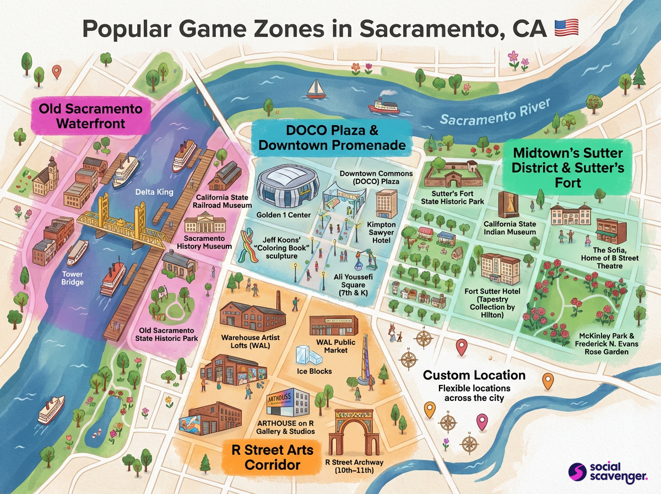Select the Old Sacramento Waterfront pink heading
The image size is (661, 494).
[x=90, y=115]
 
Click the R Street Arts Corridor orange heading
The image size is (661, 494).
[x=272, y=457]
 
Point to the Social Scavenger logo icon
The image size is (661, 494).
[x=578, y=472]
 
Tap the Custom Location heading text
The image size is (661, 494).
[x=474, y=375]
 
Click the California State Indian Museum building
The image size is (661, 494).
[x=508, y=205]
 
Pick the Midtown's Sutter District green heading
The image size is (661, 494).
[x=567, y=167]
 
